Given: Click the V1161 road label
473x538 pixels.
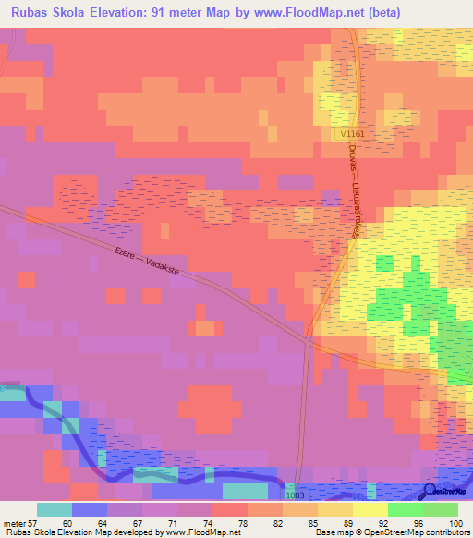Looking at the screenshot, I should tap(352, 134).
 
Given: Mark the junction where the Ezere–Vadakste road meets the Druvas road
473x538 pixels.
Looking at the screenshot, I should tap(308, 340).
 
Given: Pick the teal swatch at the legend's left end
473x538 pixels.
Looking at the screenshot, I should tap(55, 509).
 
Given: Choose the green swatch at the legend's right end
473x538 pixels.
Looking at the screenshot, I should tap(441, 509).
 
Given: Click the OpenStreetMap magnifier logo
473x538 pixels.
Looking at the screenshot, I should tap(430, 491).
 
